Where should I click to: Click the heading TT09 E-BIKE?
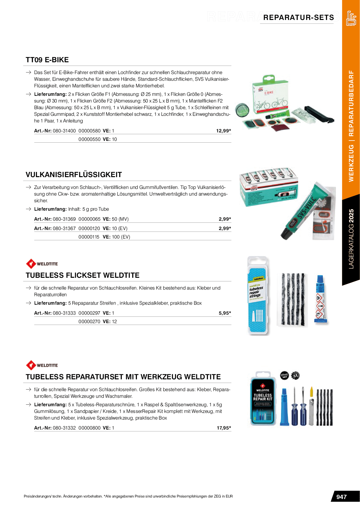pyautogui.click(x=47, y=60)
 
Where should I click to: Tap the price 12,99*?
pyautogui.click(x=223, y=131)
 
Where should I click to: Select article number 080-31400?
pyautogui.click(x=64, y=131)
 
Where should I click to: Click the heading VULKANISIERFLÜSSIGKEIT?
pyautogui.click(x=74, y=175)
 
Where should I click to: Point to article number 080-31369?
pyautogui.click(x=64, y=219)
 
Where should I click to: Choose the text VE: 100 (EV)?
pyautogui.click(x=116, y=237)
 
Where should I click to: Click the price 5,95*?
pyautogui.click(x=225, y=313)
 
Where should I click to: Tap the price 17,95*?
pyautogui.click(x=224, y=428)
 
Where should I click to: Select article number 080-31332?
pyautogui.click(x=64, y=428)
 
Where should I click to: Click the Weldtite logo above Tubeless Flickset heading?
pyautogui.click(x=42, y=264)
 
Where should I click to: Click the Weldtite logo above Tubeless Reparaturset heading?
pyautogui.click(x=42, y=365)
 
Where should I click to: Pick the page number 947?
pyautogui.click(x=341, y=497)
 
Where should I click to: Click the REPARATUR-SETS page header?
pyautogui.click(x=298, y=18)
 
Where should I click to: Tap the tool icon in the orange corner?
pyautogui.click(x=351, y=18)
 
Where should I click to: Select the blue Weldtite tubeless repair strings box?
pyautogui.click(x=258, y=296)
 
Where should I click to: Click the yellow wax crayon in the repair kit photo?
pyautogui.click(x=311, y=392)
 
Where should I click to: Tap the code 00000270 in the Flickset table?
pyautogui.click(x=89, y=322)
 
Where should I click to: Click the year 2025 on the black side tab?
pyautogui.click(x=351, y=216)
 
